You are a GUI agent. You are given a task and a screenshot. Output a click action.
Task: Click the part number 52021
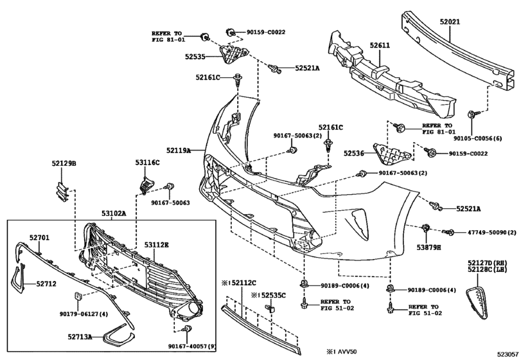click(450, 22)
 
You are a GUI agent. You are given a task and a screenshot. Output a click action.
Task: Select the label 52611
click(380, 46)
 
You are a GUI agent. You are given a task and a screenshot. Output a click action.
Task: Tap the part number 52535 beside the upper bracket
click(195, 57)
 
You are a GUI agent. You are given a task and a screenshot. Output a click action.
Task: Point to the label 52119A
click(179, 150)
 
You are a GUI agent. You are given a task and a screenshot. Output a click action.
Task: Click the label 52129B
click(64, 163)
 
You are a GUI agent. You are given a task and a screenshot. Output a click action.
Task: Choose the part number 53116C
click(147, 163)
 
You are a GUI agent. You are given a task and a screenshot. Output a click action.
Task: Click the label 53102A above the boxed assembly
click(114, 213)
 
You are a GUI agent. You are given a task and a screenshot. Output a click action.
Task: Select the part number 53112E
click(156, 245)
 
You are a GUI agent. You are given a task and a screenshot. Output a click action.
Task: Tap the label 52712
click(46, 284)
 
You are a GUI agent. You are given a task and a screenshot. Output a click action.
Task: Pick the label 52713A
click(80, 337)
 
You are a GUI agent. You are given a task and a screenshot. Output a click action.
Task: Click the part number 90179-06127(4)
click(84, 314)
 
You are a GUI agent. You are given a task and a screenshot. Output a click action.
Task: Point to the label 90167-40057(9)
click(192, 346)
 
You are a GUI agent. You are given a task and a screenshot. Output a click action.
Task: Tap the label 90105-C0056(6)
click(478, 138)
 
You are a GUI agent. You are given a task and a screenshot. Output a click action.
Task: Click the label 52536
click(354, 153)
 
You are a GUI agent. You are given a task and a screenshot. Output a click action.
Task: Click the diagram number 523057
click(508, 354)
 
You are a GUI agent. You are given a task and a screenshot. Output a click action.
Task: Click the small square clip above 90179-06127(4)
click(77, 296)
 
